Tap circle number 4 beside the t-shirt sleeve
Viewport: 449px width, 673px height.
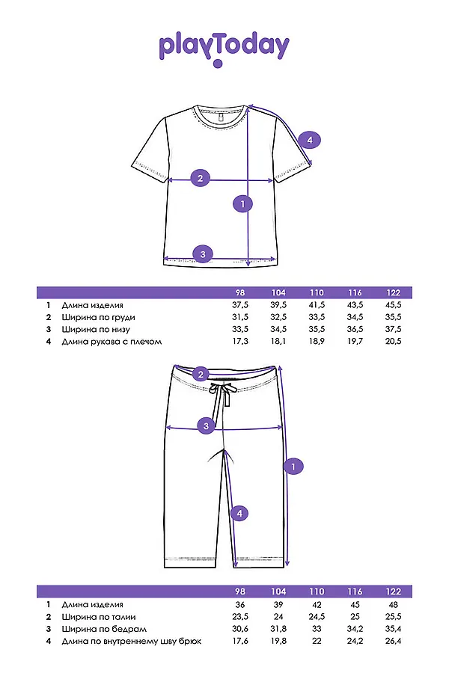pos(310,140)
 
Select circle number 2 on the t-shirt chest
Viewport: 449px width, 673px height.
pos(200,179)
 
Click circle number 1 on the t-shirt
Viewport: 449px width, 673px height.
pos(242,202)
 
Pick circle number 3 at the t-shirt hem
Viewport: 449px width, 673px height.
pos(202,254)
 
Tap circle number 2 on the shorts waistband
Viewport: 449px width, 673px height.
pos(201,374)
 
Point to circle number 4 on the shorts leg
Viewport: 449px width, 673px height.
pos(238,513)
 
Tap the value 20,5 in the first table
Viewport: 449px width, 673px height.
pos(393,341)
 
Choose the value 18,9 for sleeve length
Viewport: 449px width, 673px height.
pos(317,341)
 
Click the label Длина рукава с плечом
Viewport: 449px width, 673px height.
pos(112,341)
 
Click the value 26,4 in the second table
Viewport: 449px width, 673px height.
pos(393,640)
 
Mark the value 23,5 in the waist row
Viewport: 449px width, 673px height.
pos(239,616)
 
